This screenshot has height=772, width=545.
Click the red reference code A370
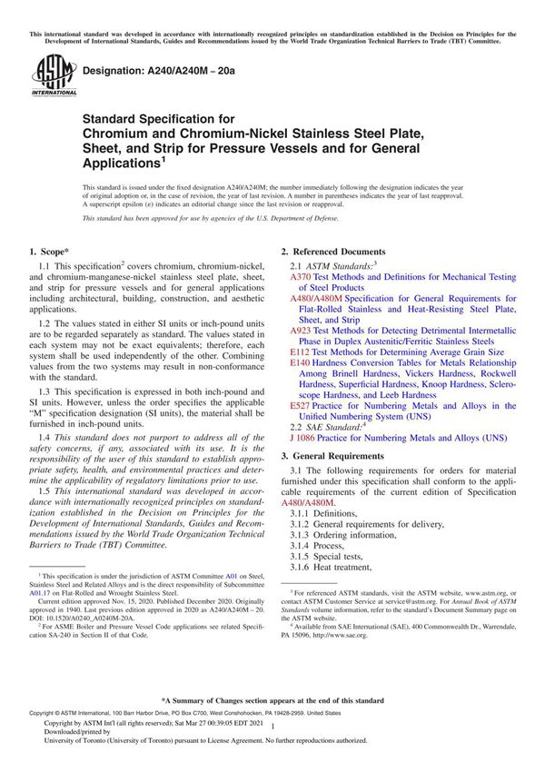click(299, 277)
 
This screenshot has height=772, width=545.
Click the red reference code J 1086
click(304, 438)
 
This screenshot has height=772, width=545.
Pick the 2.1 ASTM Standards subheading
click(332, 265)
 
